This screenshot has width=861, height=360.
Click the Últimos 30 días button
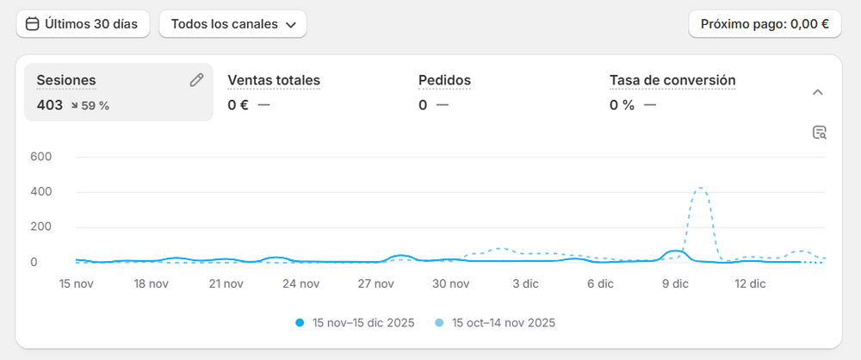pyautogui.click(x=83, y=24)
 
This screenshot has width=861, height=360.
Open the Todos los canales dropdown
pyautogui.click(x=232, y=24)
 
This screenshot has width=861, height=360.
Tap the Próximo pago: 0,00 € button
pyautogui.click(x=765, y=24)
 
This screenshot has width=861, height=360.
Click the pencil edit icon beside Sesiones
pyautogui.click(x=196, y=80)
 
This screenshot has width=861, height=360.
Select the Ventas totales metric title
pyautogui.click(x=274, y=80)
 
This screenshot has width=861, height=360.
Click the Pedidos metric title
pyautogui.click(x=444, y=80)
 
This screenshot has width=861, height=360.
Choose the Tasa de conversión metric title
pyautogui.click(x=672, y=80)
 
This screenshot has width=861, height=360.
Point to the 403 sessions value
pyautogui.click(x=50, y=105)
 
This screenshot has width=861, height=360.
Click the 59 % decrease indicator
pyautogui.click(x=90, y=106)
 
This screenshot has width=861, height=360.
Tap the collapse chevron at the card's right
pyautogui.click(x=818, y=92)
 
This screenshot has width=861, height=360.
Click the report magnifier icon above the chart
pyautogui.click(x=819, y=133)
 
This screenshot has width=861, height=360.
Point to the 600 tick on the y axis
pyautogui.click(x=41, y=157)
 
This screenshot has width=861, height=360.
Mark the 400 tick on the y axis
pyautogui.click(x=41, y=192)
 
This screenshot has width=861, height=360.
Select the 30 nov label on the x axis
pyautogui.click(x=451, y=282)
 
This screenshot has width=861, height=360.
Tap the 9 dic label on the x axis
pyautogui.click(x=675, y=282)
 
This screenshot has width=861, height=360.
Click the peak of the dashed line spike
pyautogui.click(x=701, y=188)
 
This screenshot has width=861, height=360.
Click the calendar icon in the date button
pyautogui.click(x=33, y=24)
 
